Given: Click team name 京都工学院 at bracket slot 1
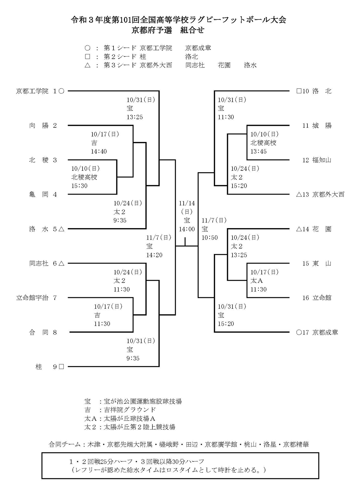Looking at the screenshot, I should click(x=32, y=91).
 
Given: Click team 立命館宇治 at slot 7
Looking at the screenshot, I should click(x=32, y=298).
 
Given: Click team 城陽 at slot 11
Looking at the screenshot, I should click(x=321, y=126).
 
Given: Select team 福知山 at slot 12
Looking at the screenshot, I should click(x=321, y=160).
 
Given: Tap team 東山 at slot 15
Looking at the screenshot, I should click(x=321, y=264).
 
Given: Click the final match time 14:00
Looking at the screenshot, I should click(x=186, y=229).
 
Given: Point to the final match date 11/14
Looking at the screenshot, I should click(x=186, y=203).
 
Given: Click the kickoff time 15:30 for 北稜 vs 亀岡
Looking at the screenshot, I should click(x=79, y=186).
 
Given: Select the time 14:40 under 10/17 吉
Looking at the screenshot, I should click(x=99, y=152).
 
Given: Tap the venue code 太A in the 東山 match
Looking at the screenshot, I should click(x=257, y=281).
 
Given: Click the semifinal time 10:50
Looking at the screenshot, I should click(x=210, y=238).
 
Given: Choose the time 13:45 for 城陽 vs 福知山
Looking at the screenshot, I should click(x=258, y=152).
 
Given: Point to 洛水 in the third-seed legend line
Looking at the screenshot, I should click(x=250, y=65).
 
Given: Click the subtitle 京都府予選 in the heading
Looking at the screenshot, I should click(x=151, y=30).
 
